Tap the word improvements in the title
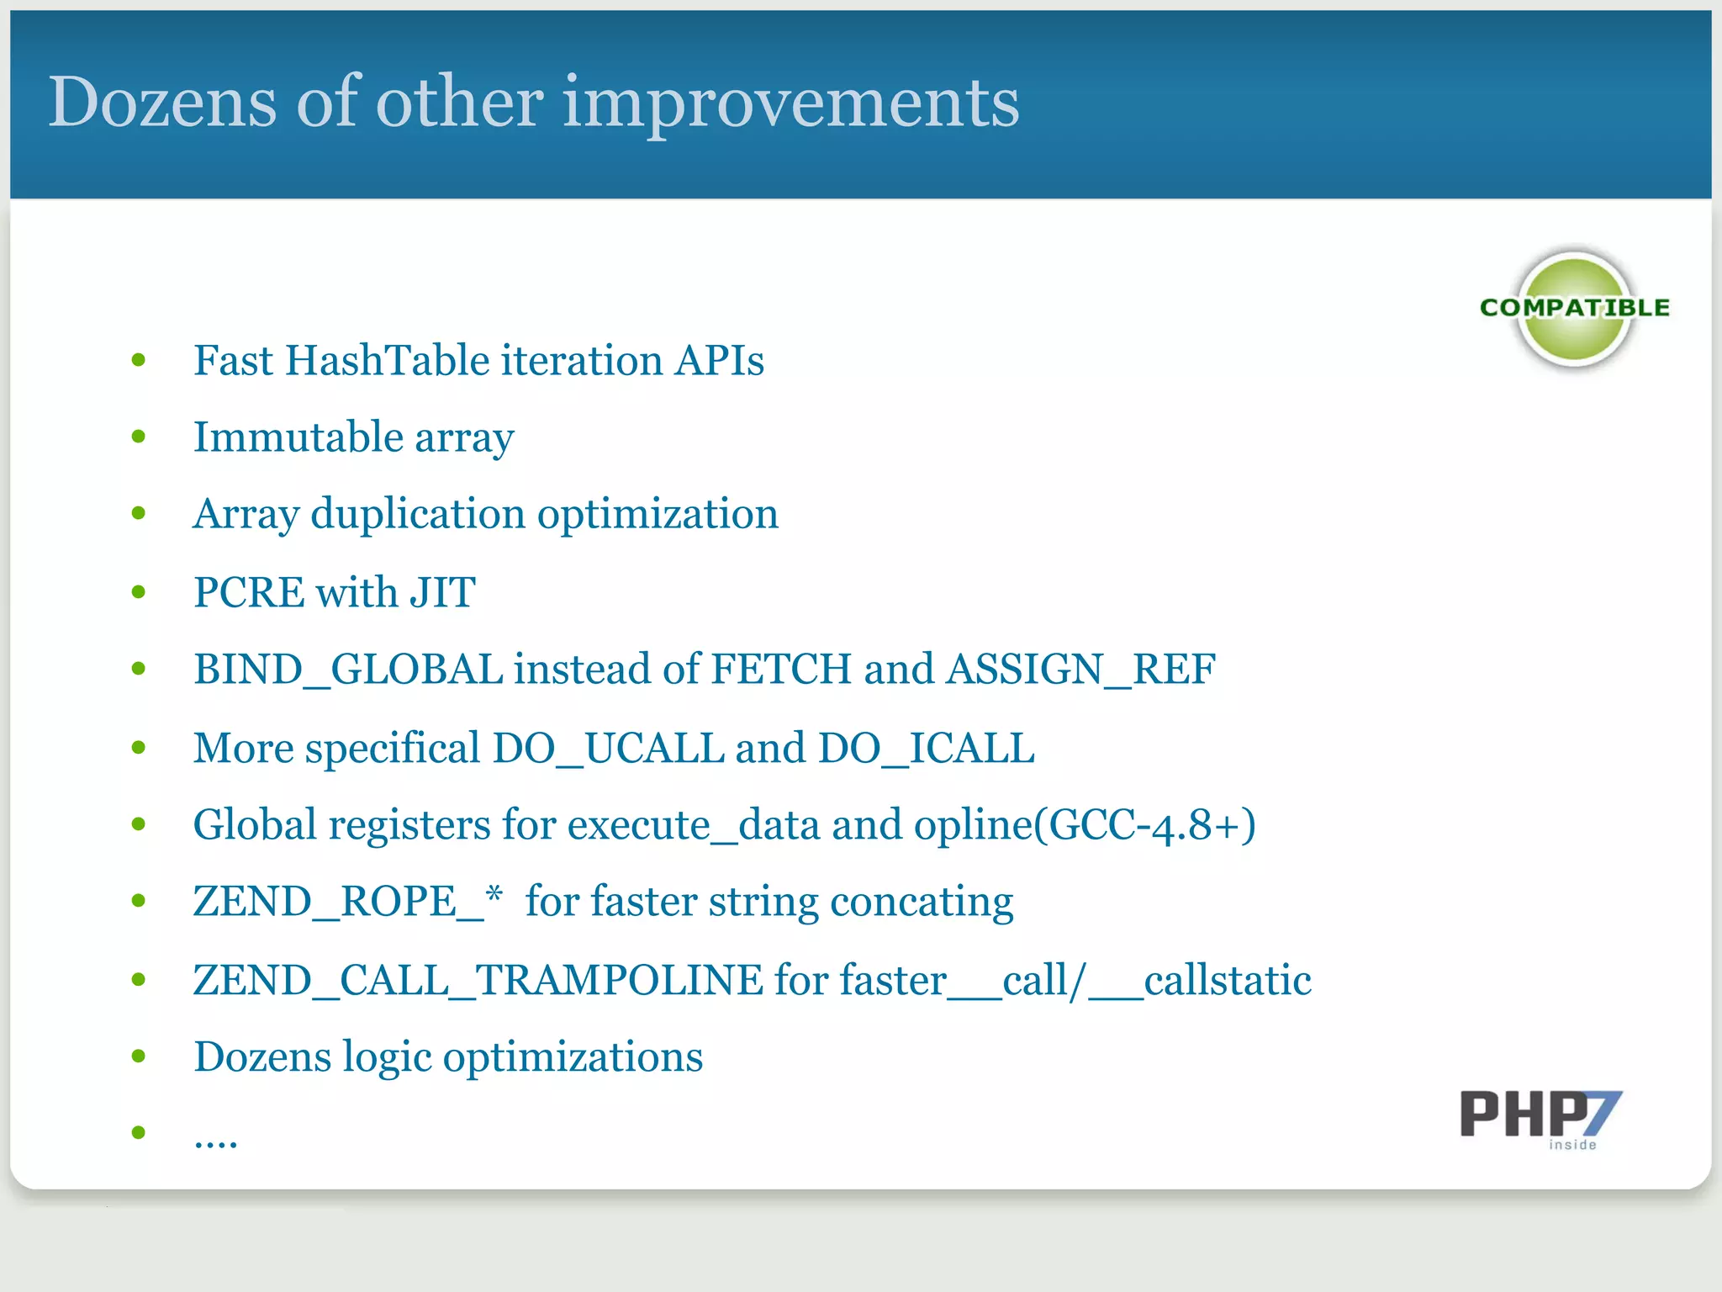tap(790, 103)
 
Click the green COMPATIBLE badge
tap(1574, 309)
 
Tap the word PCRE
tap(249, 592)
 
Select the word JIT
tap(442, 592)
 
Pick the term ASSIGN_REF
tap(1080, 670)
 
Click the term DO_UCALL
tap(608, 748)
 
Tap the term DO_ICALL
tap(926, 748)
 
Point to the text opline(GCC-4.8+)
tap(1085, 825)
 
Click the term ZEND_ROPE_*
tap(347, 902)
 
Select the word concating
tap(922, 902)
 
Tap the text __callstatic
tap(1200, 980)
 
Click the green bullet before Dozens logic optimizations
tap(139, 1056)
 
